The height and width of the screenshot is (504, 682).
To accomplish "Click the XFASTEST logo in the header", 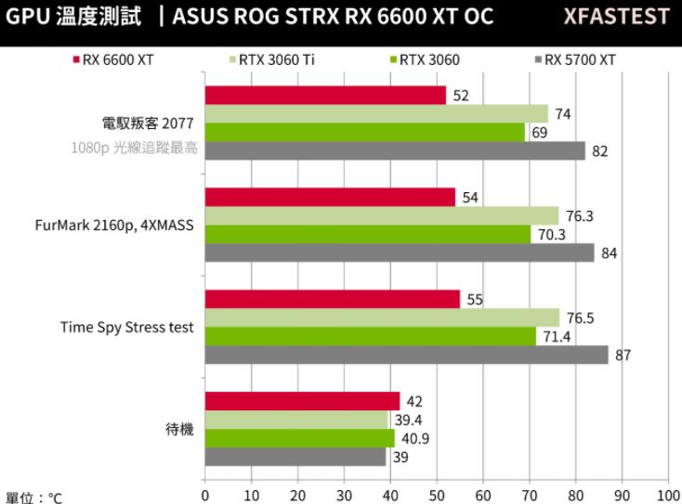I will (623, 17).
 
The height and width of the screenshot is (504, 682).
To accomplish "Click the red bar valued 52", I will (325, 96).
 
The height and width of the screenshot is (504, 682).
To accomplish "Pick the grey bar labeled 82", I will (395, 151).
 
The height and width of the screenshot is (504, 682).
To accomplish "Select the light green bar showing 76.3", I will (381, 216).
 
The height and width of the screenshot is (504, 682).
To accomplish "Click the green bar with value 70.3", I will (367, 234).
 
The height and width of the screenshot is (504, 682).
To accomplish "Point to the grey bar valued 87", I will (406, 355).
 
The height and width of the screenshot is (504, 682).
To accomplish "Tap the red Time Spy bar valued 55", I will (332, 299).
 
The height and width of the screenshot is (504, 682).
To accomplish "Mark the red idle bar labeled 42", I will (302, 401).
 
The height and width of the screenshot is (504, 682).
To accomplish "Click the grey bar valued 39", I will (295, 457).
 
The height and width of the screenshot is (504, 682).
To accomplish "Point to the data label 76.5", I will (580, 317).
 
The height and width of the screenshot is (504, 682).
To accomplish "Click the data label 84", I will (609, 252).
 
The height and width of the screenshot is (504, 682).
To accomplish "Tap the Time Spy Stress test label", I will (127, 327).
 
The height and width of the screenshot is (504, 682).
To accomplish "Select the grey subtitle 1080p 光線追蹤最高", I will (135, 148).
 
